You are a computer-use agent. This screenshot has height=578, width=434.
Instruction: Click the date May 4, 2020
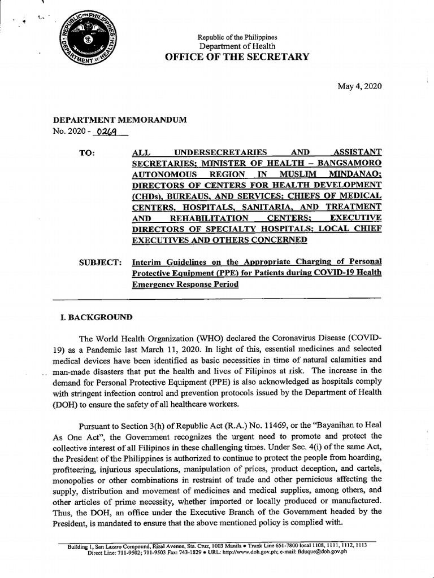coord(359,86)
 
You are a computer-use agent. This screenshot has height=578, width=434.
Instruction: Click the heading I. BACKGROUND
coord(93,317)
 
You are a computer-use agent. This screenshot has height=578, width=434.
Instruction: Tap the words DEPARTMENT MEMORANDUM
coord(119,120)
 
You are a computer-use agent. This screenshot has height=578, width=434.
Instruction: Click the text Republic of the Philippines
coord(237,37)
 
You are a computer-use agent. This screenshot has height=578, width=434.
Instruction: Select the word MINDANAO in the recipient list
coord(355,174)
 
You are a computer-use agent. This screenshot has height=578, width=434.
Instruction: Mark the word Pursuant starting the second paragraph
coord(97,425)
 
